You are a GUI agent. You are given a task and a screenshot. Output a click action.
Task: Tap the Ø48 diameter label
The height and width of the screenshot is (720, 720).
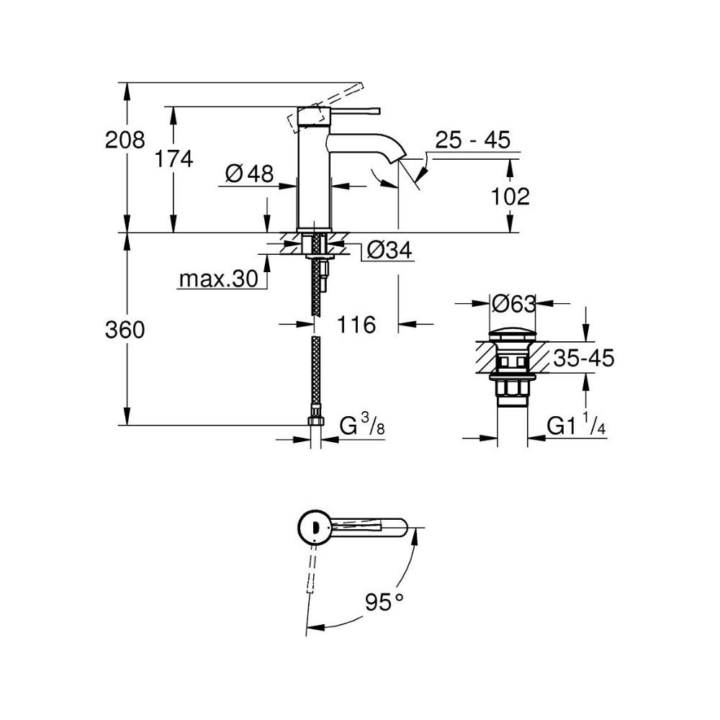coord(249,173)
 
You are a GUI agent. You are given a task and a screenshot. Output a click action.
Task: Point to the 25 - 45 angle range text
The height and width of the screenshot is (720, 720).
coord(472,140)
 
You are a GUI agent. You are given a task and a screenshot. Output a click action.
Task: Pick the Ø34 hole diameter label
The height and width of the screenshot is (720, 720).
coord(389,251)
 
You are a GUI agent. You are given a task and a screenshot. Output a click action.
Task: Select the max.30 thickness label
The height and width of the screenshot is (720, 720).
coord(217,279)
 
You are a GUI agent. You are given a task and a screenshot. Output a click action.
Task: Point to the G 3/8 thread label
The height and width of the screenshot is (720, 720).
coord(362,425)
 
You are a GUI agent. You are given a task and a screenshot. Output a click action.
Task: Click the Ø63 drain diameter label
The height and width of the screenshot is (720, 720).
coord(513,304)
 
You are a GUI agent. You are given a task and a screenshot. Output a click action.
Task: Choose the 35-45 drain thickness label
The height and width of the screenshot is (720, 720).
coord(582,358)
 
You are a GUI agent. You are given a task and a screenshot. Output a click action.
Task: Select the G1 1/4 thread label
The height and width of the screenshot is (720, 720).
coord(576,426)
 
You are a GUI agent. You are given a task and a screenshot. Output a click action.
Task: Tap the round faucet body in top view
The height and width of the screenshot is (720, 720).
coord(314,528)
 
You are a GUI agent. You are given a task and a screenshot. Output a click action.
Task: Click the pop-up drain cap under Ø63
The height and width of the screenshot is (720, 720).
coord(513,336)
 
